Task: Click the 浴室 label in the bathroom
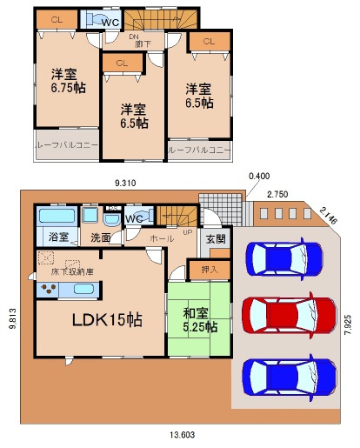[x=58, y=237]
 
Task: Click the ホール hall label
[x=161, y=237]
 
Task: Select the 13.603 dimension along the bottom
[x=181, y=435]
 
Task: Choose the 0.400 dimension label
[x=258, y=176]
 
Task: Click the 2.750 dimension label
[x=278, y=193]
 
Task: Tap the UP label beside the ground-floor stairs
[x=187, y=232]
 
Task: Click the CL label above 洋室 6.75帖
[x=57, y=18]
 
